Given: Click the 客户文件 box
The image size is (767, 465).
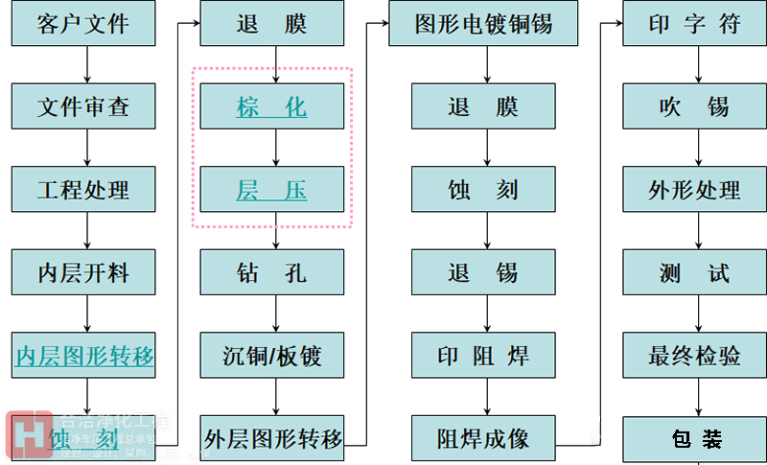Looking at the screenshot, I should click(83, 23).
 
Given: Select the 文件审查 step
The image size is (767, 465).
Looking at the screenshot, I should click(83, 106).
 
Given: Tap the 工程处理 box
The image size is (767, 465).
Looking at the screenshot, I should click(83, 189).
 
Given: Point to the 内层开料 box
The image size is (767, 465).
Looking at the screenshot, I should click(83, 272).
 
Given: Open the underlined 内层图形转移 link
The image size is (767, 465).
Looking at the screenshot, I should click(83, 357).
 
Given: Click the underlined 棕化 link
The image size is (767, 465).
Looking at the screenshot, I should click(271, 106).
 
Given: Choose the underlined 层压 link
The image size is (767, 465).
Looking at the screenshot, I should click(271, 190).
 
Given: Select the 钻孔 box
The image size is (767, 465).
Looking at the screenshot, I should click(271, 272).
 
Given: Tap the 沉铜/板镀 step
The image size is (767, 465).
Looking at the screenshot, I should click(271, 357).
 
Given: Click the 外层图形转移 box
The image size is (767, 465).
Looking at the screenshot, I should click(271, 439).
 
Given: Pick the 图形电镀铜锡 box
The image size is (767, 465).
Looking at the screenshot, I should click(483, 23).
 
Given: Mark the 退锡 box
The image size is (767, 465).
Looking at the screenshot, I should click(483, 272).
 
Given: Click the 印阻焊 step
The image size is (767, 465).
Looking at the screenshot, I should click(483, 357).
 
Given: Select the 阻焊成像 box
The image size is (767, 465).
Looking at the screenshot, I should click(483, 439).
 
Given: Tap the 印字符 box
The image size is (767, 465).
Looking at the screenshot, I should click(694, 23).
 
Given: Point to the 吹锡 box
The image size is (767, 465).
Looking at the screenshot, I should click(694, 106).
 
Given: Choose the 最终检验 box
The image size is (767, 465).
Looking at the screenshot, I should click(694, 357).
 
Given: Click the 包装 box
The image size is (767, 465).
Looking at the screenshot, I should click(694, 439).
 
